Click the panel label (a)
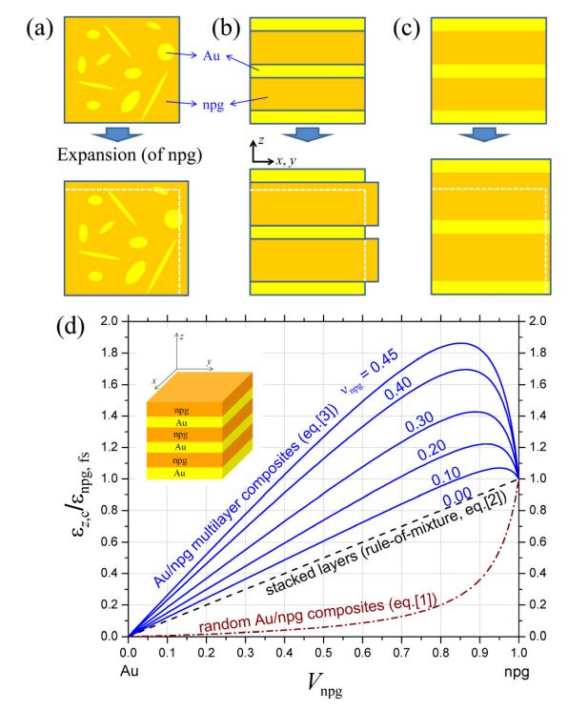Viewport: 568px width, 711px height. tap(39, 29)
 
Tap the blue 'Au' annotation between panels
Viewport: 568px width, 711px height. tap(212, 56)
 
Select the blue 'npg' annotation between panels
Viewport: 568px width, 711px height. tap(213, 105)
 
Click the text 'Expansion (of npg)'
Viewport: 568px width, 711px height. tap(130, 154)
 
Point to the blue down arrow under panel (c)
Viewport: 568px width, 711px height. tap(484, 134)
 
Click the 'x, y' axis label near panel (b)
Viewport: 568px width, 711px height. tap(286, 160)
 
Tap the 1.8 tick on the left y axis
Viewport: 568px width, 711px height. tap(110, 353)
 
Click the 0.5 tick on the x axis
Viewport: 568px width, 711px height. tap(323, 653)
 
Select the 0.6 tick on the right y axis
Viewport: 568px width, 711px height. tap(538, 542)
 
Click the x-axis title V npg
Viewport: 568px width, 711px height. tap(324, 683)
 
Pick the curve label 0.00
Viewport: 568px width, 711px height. tap(457, 497)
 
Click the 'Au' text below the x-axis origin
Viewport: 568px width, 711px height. tap(130, 671)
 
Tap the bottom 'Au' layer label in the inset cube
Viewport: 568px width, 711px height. tap(179, 473)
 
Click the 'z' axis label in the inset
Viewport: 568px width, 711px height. tap(181, 336)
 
